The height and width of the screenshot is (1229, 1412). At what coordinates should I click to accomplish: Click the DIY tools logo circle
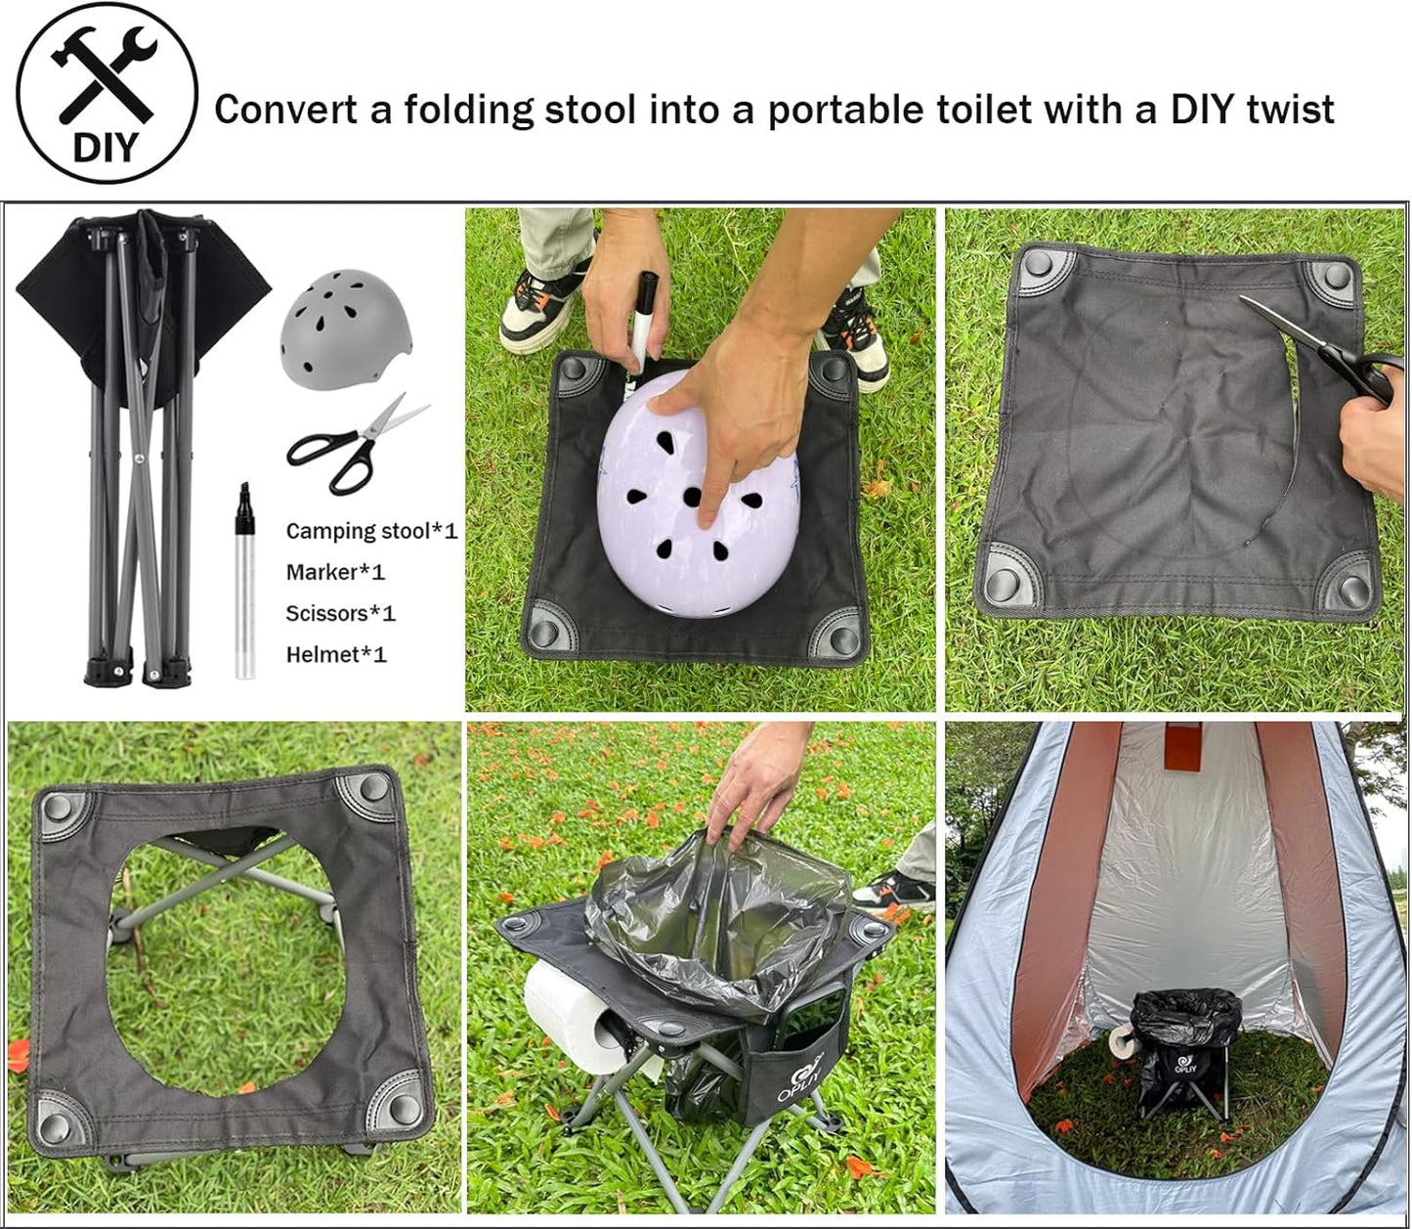(x=107, y=93)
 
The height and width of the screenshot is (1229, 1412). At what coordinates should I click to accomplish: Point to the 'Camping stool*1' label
(x=371, y=531)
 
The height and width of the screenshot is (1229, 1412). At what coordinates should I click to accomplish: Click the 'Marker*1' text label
(x=335, y=572)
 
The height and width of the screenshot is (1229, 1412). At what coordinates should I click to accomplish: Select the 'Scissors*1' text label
(x=340, y=613)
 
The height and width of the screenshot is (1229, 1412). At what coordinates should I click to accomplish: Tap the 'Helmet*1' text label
(x=336, y=654)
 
